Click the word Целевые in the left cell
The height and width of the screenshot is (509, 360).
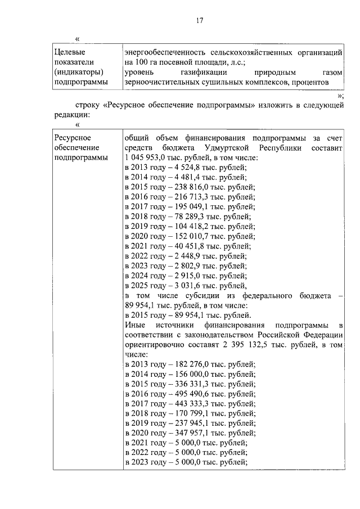(x=68, y=52)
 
